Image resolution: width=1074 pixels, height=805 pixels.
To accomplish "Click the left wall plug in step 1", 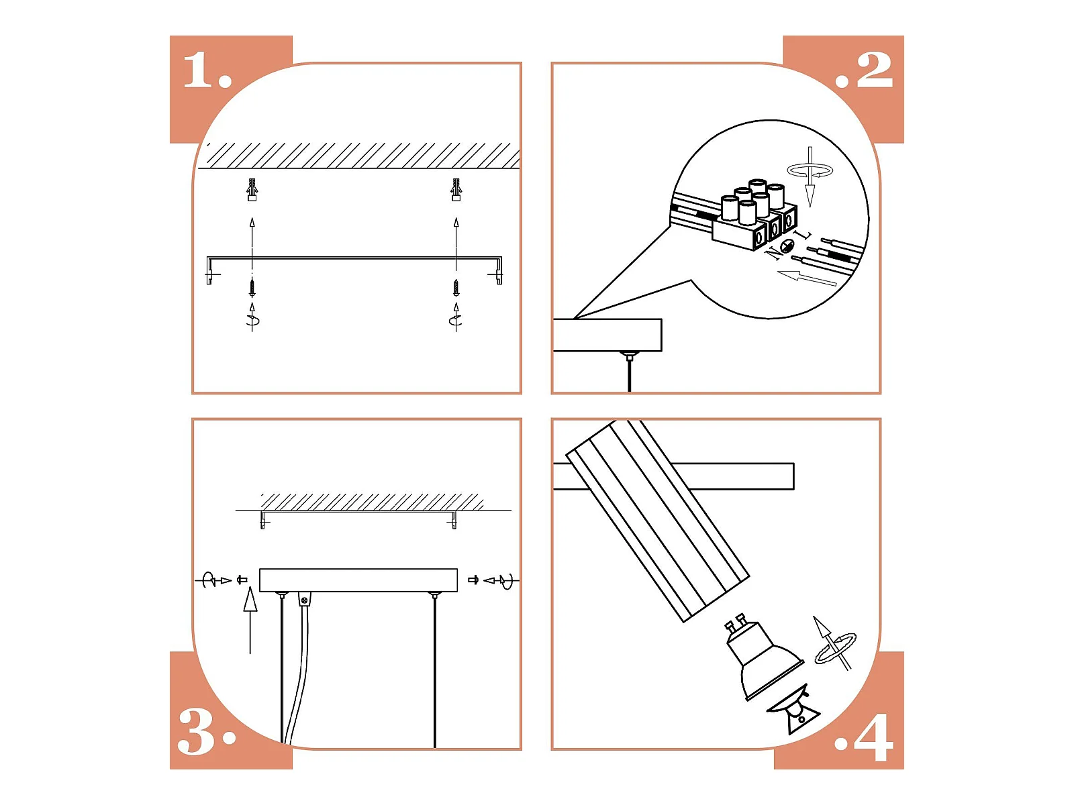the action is coord(252,190).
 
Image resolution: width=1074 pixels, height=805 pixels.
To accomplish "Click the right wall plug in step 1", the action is coord(456,190).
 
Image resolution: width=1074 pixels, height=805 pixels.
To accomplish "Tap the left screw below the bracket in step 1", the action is coord(252,287).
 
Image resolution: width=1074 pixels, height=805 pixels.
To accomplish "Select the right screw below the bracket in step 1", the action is coord(456,287).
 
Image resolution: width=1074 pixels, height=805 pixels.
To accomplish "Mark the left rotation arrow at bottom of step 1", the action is coord(252,317).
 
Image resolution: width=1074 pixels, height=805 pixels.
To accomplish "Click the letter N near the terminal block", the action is coord(774,253).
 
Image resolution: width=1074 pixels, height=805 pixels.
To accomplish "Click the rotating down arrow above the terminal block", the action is coord(810,176).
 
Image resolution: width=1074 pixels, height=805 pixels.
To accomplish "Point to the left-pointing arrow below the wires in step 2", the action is coord(807,278).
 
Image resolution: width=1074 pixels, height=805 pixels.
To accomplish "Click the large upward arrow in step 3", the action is coord(250,621).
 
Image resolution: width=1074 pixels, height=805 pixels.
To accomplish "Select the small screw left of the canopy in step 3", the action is coord(242,580).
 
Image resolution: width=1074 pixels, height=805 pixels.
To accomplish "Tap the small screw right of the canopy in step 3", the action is coord(473,580).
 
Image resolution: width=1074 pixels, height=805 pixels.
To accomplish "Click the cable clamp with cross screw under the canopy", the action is coord(304,600).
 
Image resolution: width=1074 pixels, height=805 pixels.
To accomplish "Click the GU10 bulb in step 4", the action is coord(763,660).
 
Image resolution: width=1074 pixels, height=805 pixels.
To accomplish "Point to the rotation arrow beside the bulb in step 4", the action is coord(834,646).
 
